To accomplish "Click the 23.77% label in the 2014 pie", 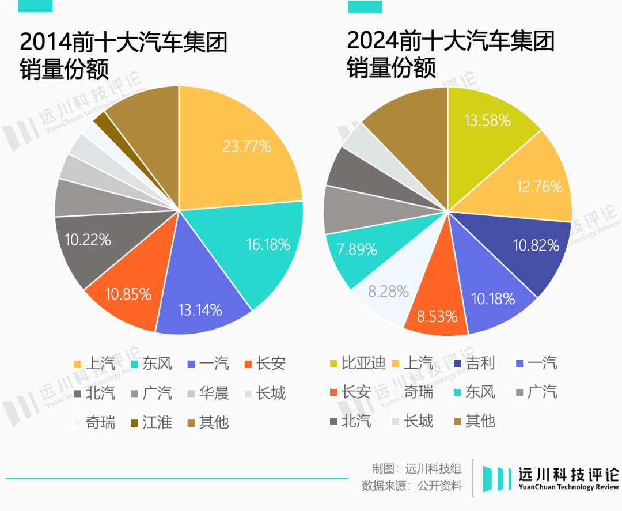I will click(246, 146).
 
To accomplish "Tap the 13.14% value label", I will click(200, 309).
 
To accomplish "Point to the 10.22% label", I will click(88, 240).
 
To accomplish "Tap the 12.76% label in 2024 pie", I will click(540, 186).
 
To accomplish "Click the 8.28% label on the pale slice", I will click(388, 291).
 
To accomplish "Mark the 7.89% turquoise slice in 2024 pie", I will click(355, 249).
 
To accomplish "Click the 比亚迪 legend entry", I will click(358, 364).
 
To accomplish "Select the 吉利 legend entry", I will click(474, 364).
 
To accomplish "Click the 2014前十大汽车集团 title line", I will click(123, 43).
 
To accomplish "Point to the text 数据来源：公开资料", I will click(412, 486).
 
